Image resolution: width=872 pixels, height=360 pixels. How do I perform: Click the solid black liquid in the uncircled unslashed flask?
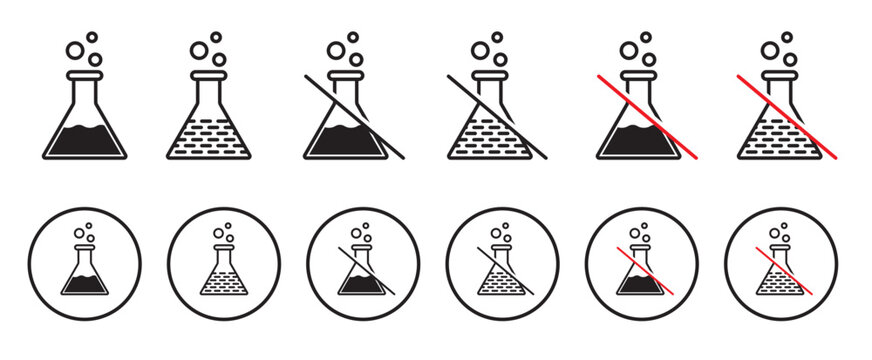(x=85, y=141)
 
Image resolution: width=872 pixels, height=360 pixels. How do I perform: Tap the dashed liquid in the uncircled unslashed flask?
(x=209, y=141)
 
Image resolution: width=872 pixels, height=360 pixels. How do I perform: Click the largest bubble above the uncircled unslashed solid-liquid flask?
(x=75, y=50)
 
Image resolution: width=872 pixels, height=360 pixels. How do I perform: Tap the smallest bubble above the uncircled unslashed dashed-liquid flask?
(x=215, y=37)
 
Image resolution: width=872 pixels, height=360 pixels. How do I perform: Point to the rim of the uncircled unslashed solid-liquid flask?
(x=85, y=75)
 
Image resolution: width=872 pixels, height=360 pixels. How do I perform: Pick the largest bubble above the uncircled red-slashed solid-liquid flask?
(x=629, y=50)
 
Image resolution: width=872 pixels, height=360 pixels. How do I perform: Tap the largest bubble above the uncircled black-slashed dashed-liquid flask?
(x=481, y=50)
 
